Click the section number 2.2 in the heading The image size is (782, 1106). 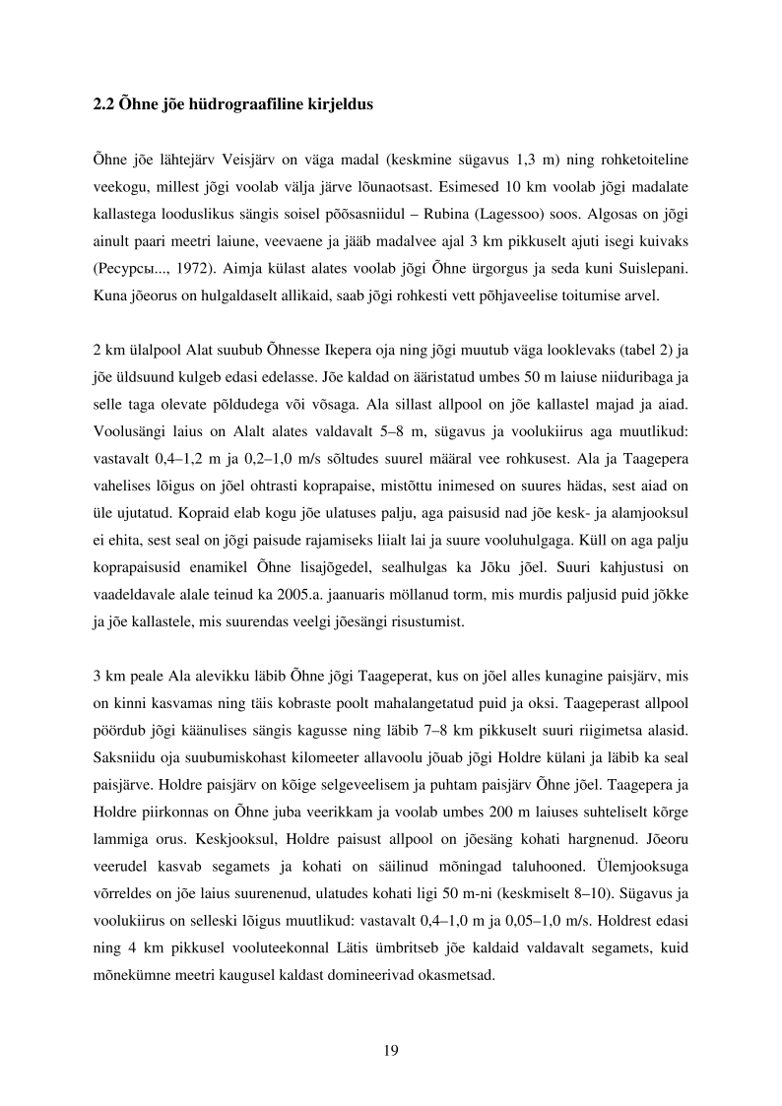click(102, 103)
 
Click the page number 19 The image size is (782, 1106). click(390, 1050)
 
